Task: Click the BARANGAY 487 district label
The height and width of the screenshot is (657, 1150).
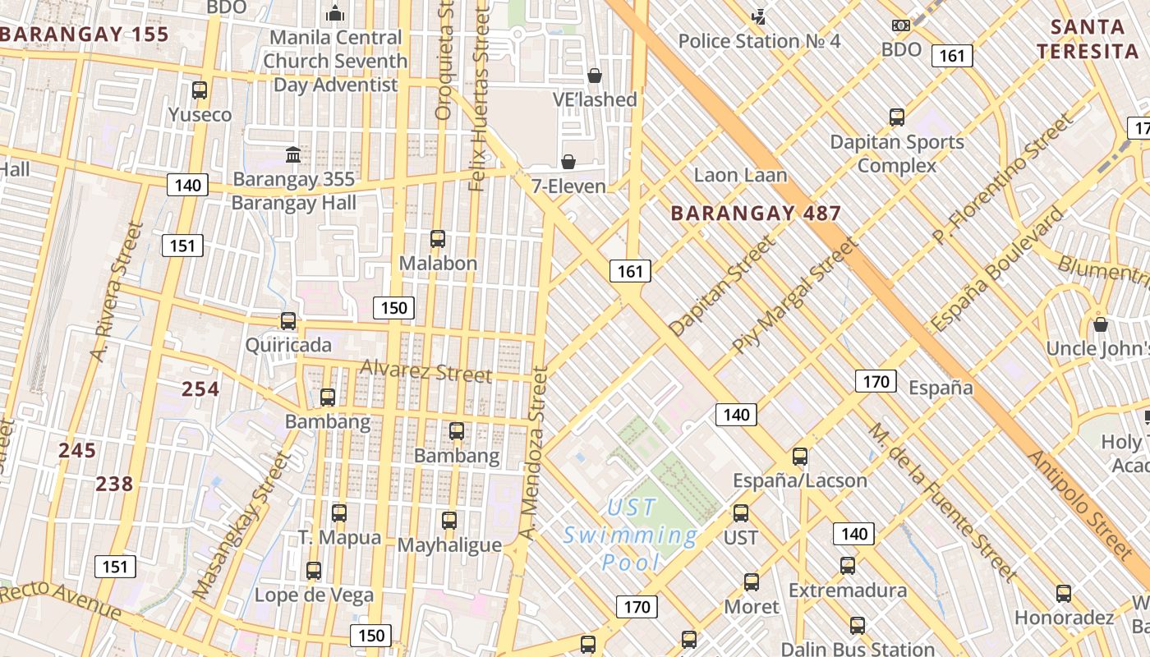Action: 756,214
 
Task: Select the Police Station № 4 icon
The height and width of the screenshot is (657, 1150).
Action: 759,16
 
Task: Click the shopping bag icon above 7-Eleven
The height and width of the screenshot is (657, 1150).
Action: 568,161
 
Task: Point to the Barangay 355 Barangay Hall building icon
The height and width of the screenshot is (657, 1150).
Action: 293,154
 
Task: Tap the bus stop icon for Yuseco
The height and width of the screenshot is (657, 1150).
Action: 200,90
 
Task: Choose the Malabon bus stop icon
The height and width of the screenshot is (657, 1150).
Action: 438,239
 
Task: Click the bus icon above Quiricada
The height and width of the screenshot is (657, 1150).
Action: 288,321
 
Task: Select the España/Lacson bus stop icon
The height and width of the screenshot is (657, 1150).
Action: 800,457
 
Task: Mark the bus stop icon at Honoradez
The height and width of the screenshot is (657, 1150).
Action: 1064,594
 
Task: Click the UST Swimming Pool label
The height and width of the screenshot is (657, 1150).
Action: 630,535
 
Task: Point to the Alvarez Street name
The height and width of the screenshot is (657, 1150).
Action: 425,372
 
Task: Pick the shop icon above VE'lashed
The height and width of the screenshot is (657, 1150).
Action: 595,76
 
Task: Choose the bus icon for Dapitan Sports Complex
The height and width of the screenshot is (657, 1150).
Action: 897,117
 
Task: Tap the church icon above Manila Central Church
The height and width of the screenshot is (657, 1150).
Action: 334,13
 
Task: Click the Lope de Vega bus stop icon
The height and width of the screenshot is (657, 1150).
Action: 314,571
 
